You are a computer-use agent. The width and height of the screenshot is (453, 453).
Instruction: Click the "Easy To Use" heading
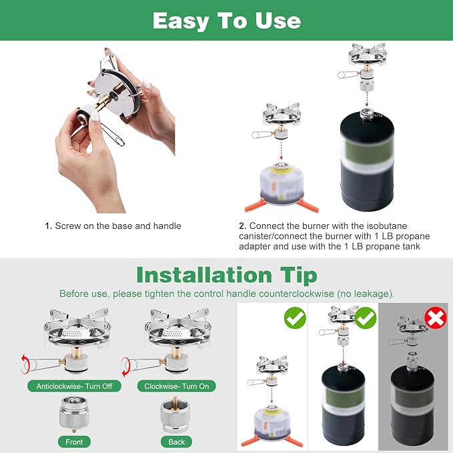pos(227,21)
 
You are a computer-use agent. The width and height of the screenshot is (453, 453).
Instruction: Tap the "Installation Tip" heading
pos(227,275)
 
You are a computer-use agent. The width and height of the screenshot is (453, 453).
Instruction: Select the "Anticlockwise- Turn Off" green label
pos(74,386)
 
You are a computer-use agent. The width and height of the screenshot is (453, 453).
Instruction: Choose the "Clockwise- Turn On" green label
pos(177,386)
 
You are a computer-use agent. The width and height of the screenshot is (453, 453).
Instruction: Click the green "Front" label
pos(74,442)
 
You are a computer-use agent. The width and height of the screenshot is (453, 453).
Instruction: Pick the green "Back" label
pos(177,442)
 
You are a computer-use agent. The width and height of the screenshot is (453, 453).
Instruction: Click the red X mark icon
pos(436,318)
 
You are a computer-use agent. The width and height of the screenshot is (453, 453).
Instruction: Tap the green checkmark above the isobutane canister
pos(295,318)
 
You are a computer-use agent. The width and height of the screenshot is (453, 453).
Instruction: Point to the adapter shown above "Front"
pos(74,414)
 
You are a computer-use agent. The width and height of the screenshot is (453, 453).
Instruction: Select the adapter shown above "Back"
pos(175,414)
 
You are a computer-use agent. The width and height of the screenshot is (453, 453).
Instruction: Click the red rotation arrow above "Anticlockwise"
pos(25,364)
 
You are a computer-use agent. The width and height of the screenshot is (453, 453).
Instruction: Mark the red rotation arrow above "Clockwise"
pos(125,367)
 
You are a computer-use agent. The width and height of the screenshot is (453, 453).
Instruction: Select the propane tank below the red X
pos(412,402)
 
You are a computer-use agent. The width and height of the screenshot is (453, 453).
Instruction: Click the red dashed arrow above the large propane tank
pos(367,99)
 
